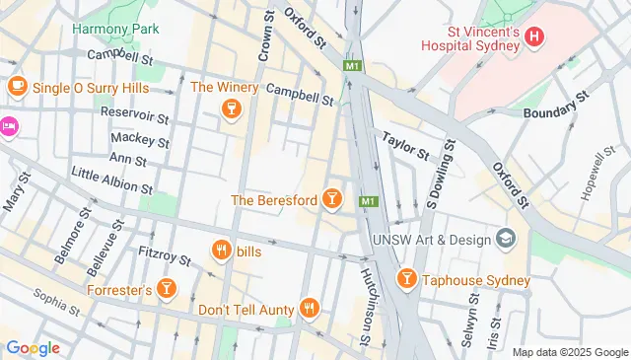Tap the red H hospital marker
click(534, 37)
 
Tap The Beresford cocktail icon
click(333, 200)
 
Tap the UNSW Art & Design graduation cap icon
click(507, 240)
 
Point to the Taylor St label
click(405, 148)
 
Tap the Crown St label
click(265, 39)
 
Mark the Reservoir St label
click(135, 114)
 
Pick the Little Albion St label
click(112, 180)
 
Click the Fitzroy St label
click(165, 257)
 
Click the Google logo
click(33, 347)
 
